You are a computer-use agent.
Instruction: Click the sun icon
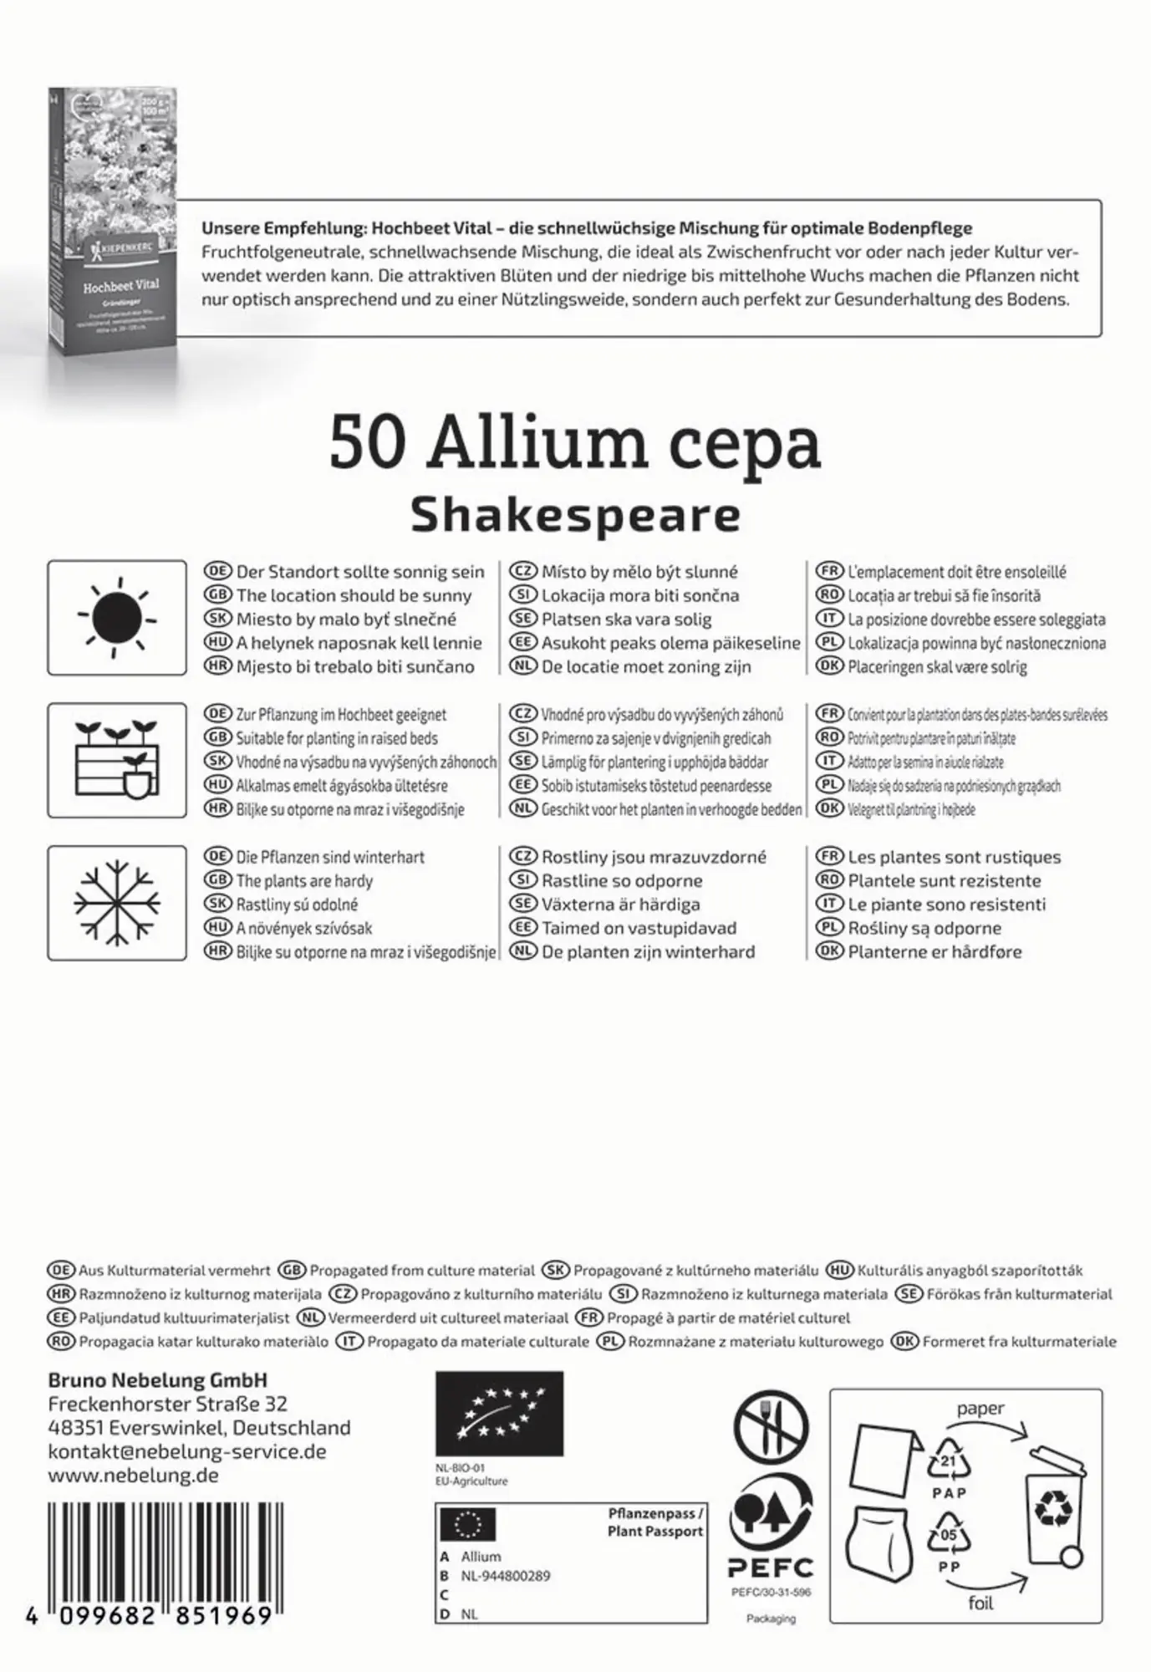pyautogui.click(x=117, y=618)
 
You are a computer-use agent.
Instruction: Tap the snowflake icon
pyautogui.click(x=117, y=903)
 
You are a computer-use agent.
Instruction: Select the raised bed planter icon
pyautogui.click(x=117, y=760)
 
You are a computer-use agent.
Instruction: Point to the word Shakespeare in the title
pyautogui.click(x=575, y=515)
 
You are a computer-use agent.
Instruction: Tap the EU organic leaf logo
pyautogui.click(x=499, y=1414)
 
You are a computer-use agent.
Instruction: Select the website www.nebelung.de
pyautogui.click(x=133, y=1476)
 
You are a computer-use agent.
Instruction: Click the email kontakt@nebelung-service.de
pyautogui.click(x=186, y=1451)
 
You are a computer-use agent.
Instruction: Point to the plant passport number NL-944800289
pyautogui.click(x=506, y=1576)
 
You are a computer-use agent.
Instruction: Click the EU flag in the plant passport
pyautogui.click(x=467, y=1525)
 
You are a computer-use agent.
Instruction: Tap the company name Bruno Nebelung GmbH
pyautogui.click(x=157, y=1380)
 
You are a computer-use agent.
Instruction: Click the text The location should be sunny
pyautogui.click(x=354, y=596)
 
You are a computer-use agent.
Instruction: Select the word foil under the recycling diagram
pyautogui.click(x=980, y=1603)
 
